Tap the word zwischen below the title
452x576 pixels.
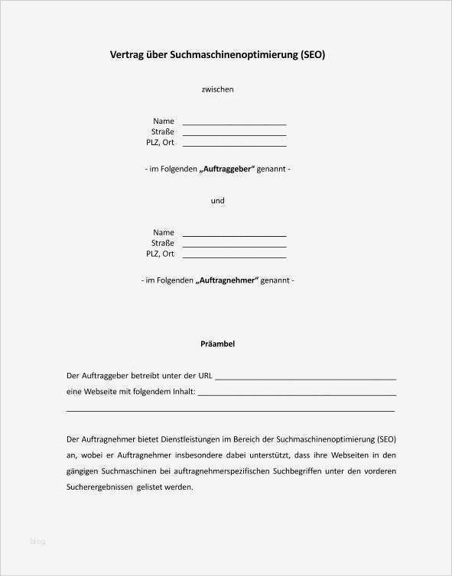(217, 89)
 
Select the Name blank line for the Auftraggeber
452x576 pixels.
(234, 123)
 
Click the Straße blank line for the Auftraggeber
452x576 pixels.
(234, 134)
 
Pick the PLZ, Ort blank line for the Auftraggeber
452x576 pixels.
(234, 144)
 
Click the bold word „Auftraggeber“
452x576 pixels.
(226, 169)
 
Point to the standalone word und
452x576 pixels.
(217, 201)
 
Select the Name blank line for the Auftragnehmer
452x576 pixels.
(234, 235)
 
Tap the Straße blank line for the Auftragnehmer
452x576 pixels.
(234, 245)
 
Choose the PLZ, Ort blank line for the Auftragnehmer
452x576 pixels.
(234, 256)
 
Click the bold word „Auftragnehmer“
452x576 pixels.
(227, 280)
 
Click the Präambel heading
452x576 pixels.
(217, 344)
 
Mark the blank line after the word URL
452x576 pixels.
(306, 378)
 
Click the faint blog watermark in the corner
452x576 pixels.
(37, 542)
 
